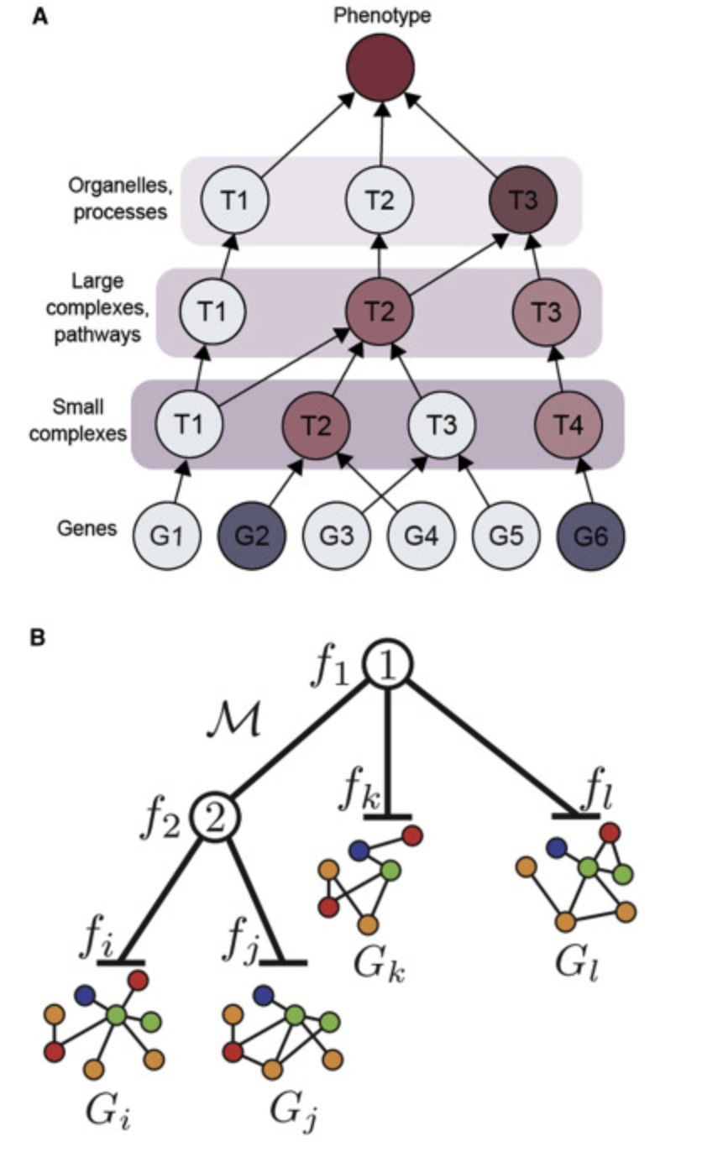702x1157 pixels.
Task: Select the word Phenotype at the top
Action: [x=382, y=14]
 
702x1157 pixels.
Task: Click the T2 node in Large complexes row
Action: [x=380, y=311]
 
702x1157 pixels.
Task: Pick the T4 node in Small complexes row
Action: [x=568, y=425]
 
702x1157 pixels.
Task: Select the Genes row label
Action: [x=87, y=529]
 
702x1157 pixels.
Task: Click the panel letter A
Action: [x=38, y=16]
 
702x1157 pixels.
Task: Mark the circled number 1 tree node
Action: [x=387, y=667]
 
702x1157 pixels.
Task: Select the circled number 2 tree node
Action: [x=215, y=816]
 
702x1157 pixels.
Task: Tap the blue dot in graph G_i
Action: [x=83, y=994]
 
